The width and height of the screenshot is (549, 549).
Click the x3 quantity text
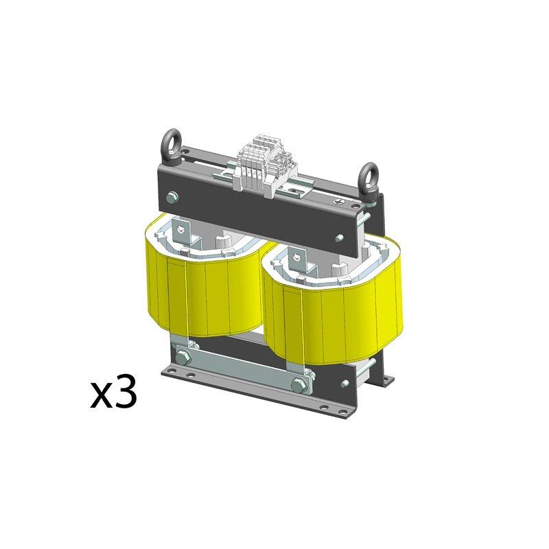(114, 393)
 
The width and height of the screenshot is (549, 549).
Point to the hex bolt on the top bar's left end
(171, 200)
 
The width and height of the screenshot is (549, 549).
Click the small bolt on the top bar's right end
(340, 237)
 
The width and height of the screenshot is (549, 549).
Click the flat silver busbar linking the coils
(240, 371)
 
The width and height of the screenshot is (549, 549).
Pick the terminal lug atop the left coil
(181, 227)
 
